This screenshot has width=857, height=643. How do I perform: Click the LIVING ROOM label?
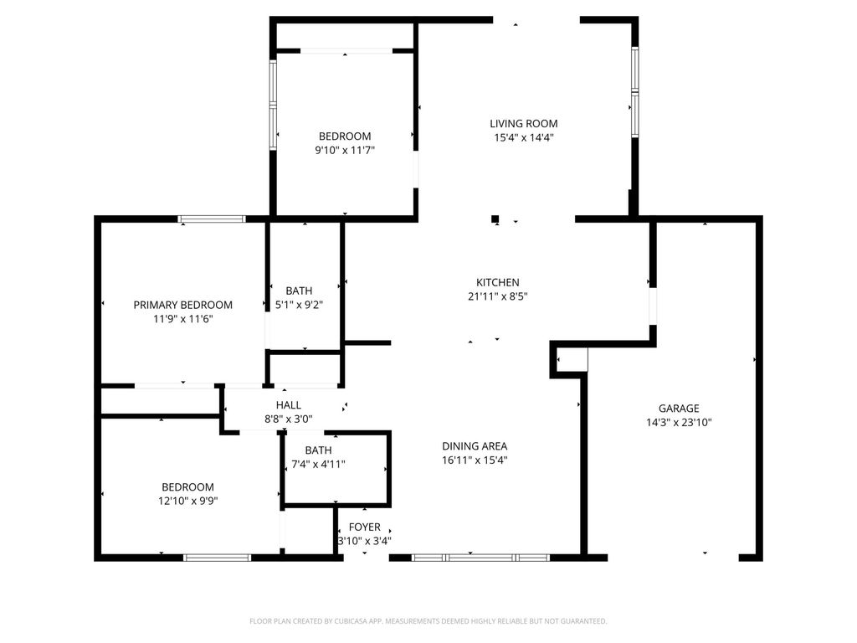click(x=523, y=124)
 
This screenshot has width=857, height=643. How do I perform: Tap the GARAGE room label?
click(x=678, y=409)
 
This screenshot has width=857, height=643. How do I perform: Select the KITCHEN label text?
click(x=498, y=283)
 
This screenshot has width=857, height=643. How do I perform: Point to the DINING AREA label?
click(x=475, y=446)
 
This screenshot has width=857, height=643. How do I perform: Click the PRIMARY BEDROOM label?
click(x=183, y=305)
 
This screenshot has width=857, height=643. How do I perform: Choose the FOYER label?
click(x=364, y=527)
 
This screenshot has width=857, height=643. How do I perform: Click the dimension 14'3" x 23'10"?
click(x=679, y=423)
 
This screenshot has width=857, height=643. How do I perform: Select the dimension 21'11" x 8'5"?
click(x=498, y=296)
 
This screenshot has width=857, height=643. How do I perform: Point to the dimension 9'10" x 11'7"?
click(x=344, y=150)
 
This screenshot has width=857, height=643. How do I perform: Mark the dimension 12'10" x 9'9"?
click(x=187, y=501)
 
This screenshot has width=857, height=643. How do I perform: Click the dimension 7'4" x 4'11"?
click(x=318, y=464)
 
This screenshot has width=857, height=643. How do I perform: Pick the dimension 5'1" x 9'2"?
click(x=299, y=305)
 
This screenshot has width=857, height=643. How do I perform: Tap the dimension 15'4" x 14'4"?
click(x=524, y=137)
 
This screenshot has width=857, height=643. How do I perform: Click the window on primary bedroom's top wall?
click(x=212, y=219)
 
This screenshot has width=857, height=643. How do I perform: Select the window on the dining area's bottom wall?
click(x=480, y=557)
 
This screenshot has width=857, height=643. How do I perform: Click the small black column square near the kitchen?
click(x=495, y=219)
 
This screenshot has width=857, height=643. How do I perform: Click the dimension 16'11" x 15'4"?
click(x=475, y=460)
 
